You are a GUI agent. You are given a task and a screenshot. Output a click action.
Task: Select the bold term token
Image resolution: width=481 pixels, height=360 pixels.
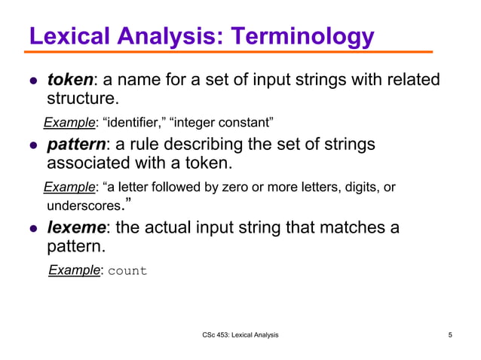tap(69, 80)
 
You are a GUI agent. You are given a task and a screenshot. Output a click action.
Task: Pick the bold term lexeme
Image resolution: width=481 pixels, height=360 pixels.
tap(76, 227)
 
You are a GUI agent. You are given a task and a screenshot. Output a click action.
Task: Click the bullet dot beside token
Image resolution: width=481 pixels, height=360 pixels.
tap(32, 81)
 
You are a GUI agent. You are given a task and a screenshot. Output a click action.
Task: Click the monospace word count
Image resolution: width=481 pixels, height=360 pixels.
tap(127, 270)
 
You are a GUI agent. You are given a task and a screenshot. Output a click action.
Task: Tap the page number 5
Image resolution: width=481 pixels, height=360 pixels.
tap(450, 334)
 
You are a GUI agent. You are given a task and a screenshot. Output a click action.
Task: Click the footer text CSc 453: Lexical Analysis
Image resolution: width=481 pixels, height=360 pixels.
tap(240, 334)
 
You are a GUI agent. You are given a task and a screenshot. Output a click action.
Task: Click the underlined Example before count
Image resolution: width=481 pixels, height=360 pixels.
tap(75, 270)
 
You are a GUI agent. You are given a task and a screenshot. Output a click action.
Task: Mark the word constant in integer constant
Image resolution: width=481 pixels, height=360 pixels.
tap(246, 122)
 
